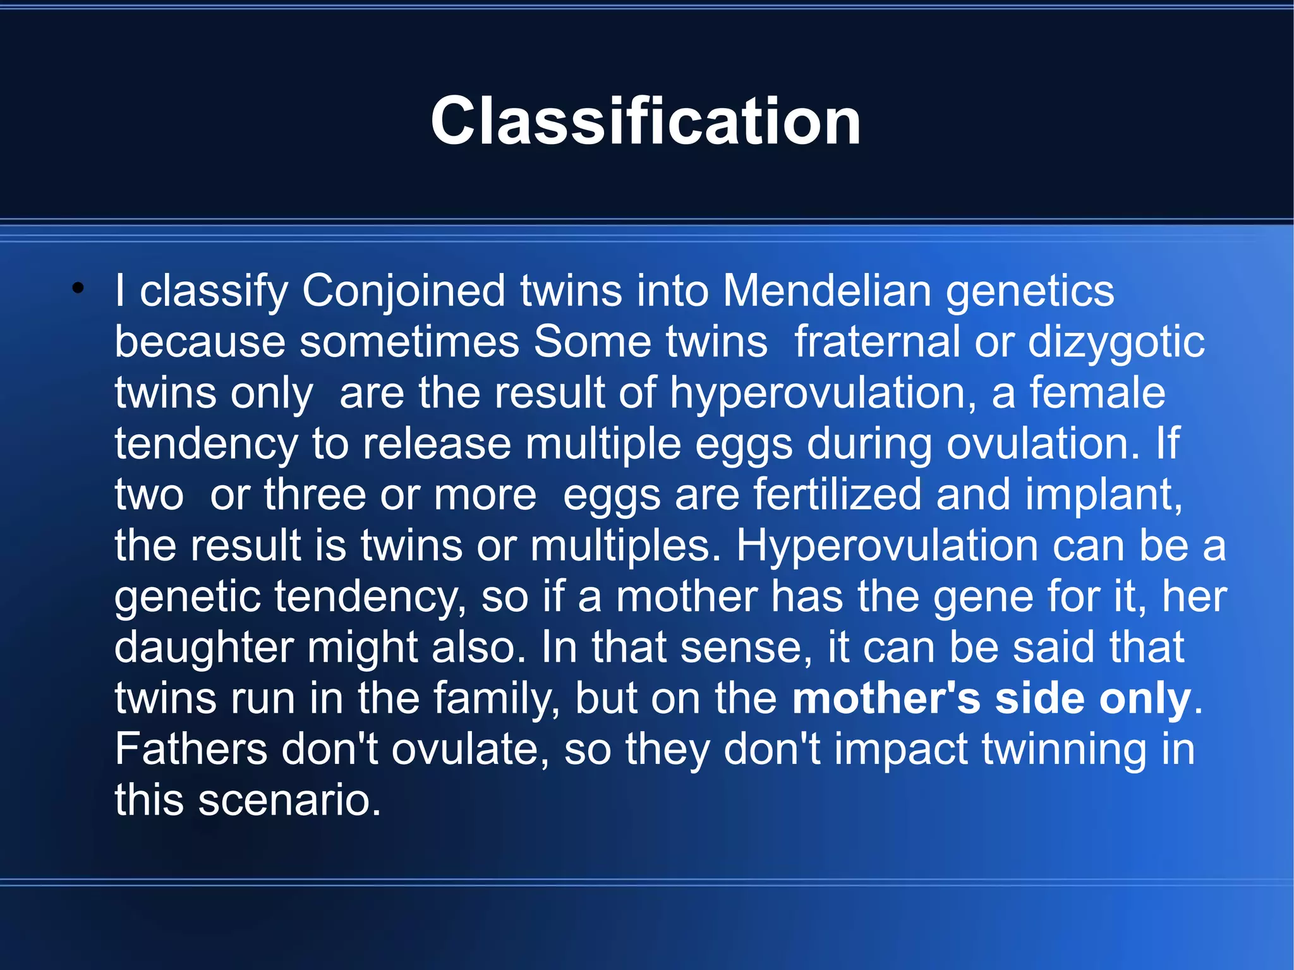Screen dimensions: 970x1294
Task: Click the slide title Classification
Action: coord(646,121)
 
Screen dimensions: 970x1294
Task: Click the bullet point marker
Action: coord(78,289)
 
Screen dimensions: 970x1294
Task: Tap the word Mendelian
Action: coord(826,291)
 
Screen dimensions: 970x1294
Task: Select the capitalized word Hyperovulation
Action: coord(886,546)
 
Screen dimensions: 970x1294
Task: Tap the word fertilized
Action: coord(837,494)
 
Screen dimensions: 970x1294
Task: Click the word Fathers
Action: coord(190,749)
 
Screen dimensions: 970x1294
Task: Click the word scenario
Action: coord(289,801)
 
